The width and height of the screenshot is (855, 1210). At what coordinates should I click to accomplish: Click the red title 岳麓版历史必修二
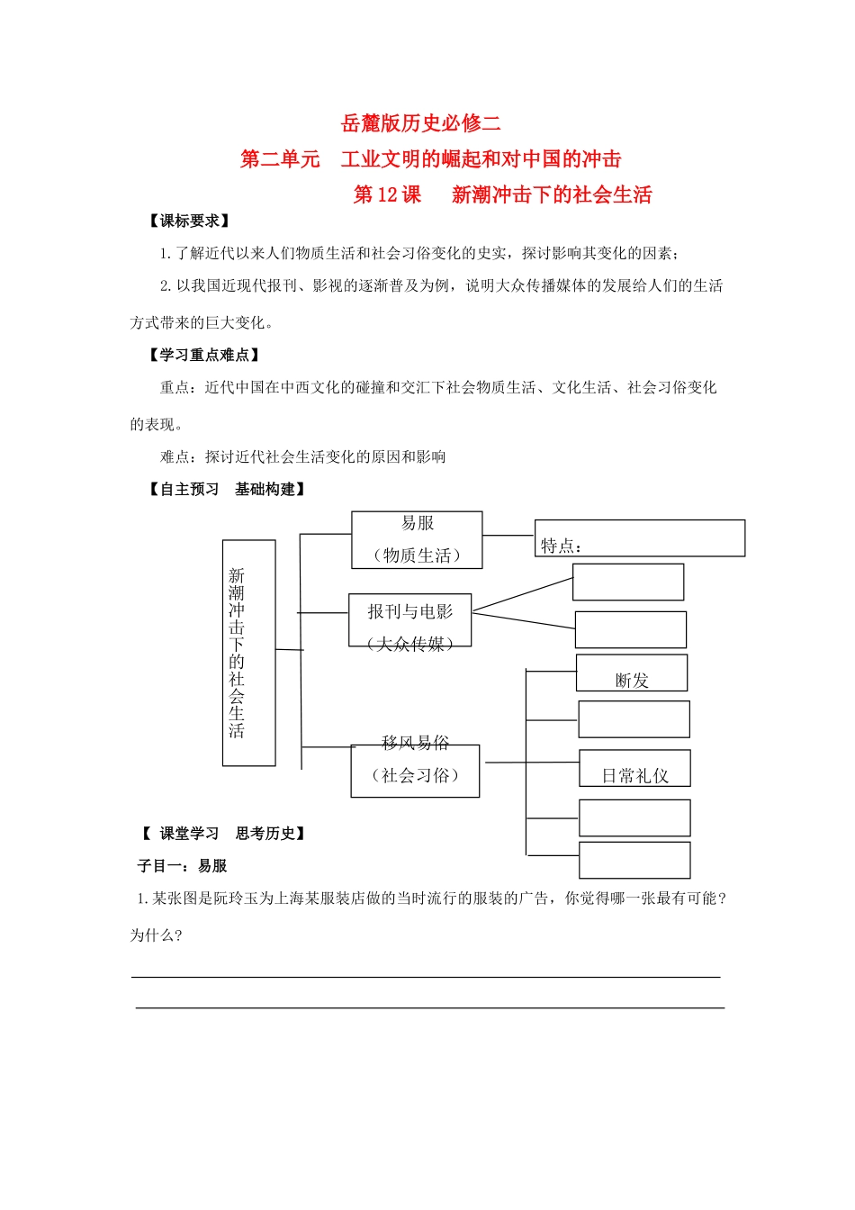tap(421, 123)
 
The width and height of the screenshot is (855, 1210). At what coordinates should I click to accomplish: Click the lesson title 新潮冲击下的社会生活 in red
tap(552, 194)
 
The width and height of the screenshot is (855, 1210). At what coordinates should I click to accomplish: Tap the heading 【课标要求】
tap(189, 221)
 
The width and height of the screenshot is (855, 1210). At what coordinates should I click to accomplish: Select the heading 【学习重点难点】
tap(204, 355)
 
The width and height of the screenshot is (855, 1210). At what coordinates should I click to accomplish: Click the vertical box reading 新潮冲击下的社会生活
tap(248, 653)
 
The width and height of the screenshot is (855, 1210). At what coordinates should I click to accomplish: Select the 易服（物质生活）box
tap(417, 539)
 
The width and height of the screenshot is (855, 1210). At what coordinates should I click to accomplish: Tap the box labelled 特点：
tap(639, 538)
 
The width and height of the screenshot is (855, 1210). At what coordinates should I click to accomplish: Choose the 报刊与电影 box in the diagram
tap(409, 619)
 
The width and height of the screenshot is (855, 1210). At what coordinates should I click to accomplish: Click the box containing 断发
tap(632, 673)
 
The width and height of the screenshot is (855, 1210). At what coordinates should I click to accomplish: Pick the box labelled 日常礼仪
tap(634, 769)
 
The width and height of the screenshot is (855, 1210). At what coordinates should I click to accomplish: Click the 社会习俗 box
tap(415, 772)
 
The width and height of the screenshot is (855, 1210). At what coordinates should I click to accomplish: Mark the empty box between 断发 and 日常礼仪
tap(634, 719)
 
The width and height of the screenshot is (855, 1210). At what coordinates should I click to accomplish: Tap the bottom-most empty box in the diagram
tap(634, 860)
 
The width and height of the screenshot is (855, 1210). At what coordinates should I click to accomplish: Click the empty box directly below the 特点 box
tap(628, 582)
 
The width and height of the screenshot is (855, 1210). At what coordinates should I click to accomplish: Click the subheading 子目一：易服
tap(182, 866)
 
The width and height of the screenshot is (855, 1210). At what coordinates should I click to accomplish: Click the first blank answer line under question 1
tap(426, 976)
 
